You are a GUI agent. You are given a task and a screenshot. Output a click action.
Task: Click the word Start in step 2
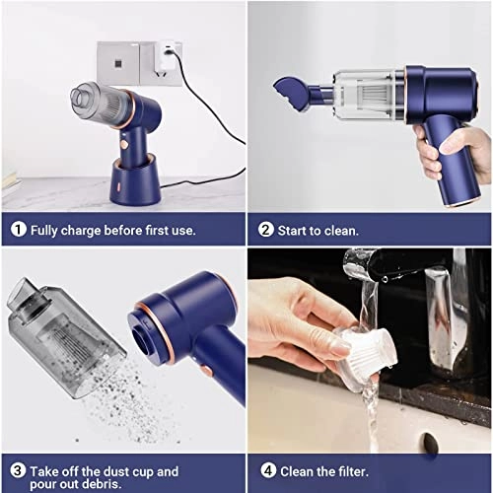coord(297,230)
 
